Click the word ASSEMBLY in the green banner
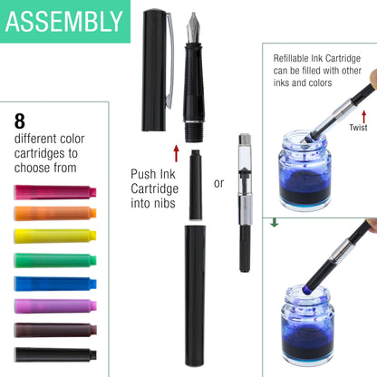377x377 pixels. pos(63,22)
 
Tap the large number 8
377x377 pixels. pos(19,121)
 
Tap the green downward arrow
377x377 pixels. pos(275,222)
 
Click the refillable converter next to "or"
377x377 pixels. pos(244,199)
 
